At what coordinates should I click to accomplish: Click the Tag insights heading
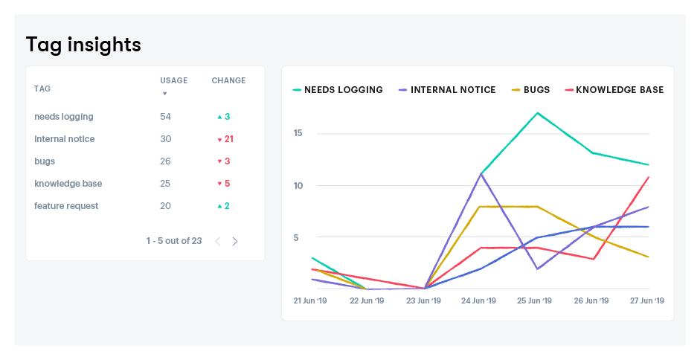(83, 45)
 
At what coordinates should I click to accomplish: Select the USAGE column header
(173, 80)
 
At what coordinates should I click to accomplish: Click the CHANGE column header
(228, 80)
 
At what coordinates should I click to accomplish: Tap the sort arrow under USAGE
(164, 94)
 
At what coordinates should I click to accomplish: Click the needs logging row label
(64, 117)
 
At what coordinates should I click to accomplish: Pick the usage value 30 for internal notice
(165, 139)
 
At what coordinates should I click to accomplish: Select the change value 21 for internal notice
(228, 139)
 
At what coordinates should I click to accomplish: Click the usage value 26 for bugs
(165, 161)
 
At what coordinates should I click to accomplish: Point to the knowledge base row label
(68, 184)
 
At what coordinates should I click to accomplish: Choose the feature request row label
(66, 206)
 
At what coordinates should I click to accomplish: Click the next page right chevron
(235, 241)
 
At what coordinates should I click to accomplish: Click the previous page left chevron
(218, 241)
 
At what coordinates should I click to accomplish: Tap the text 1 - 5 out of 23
(174, 241)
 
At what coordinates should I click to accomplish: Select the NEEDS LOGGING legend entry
(338, 90)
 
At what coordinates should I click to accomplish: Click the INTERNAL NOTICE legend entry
(447, 90)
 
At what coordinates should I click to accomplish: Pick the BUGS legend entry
(530, 90)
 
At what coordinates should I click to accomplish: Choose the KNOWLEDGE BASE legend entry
(614, 90)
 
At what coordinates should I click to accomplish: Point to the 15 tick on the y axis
(298, 133)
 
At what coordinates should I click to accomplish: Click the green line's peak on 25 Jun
(537, 113)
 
